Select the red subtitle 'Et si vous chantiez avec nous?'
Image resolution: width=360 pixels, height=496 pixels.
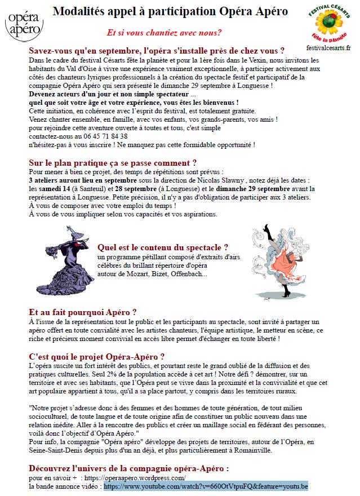click(164, 32)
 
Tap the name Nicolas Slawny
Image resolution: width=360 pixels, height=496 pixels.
click(220, 180)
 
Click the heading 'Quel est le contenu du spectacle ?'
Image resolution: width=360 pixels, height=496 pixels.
click(163, 247)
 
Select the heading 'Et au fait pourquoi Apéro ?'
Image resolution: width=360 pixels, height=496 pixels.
click(82, 312)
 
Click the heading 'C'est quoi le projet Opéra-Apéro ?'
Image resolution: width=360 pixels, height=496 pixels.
click(97, 357)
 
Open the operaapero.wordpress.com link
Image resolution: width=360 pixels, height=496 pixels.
click(135, 477)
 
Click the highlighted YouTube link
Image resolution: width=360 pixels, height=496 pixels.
click(206, 486)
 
